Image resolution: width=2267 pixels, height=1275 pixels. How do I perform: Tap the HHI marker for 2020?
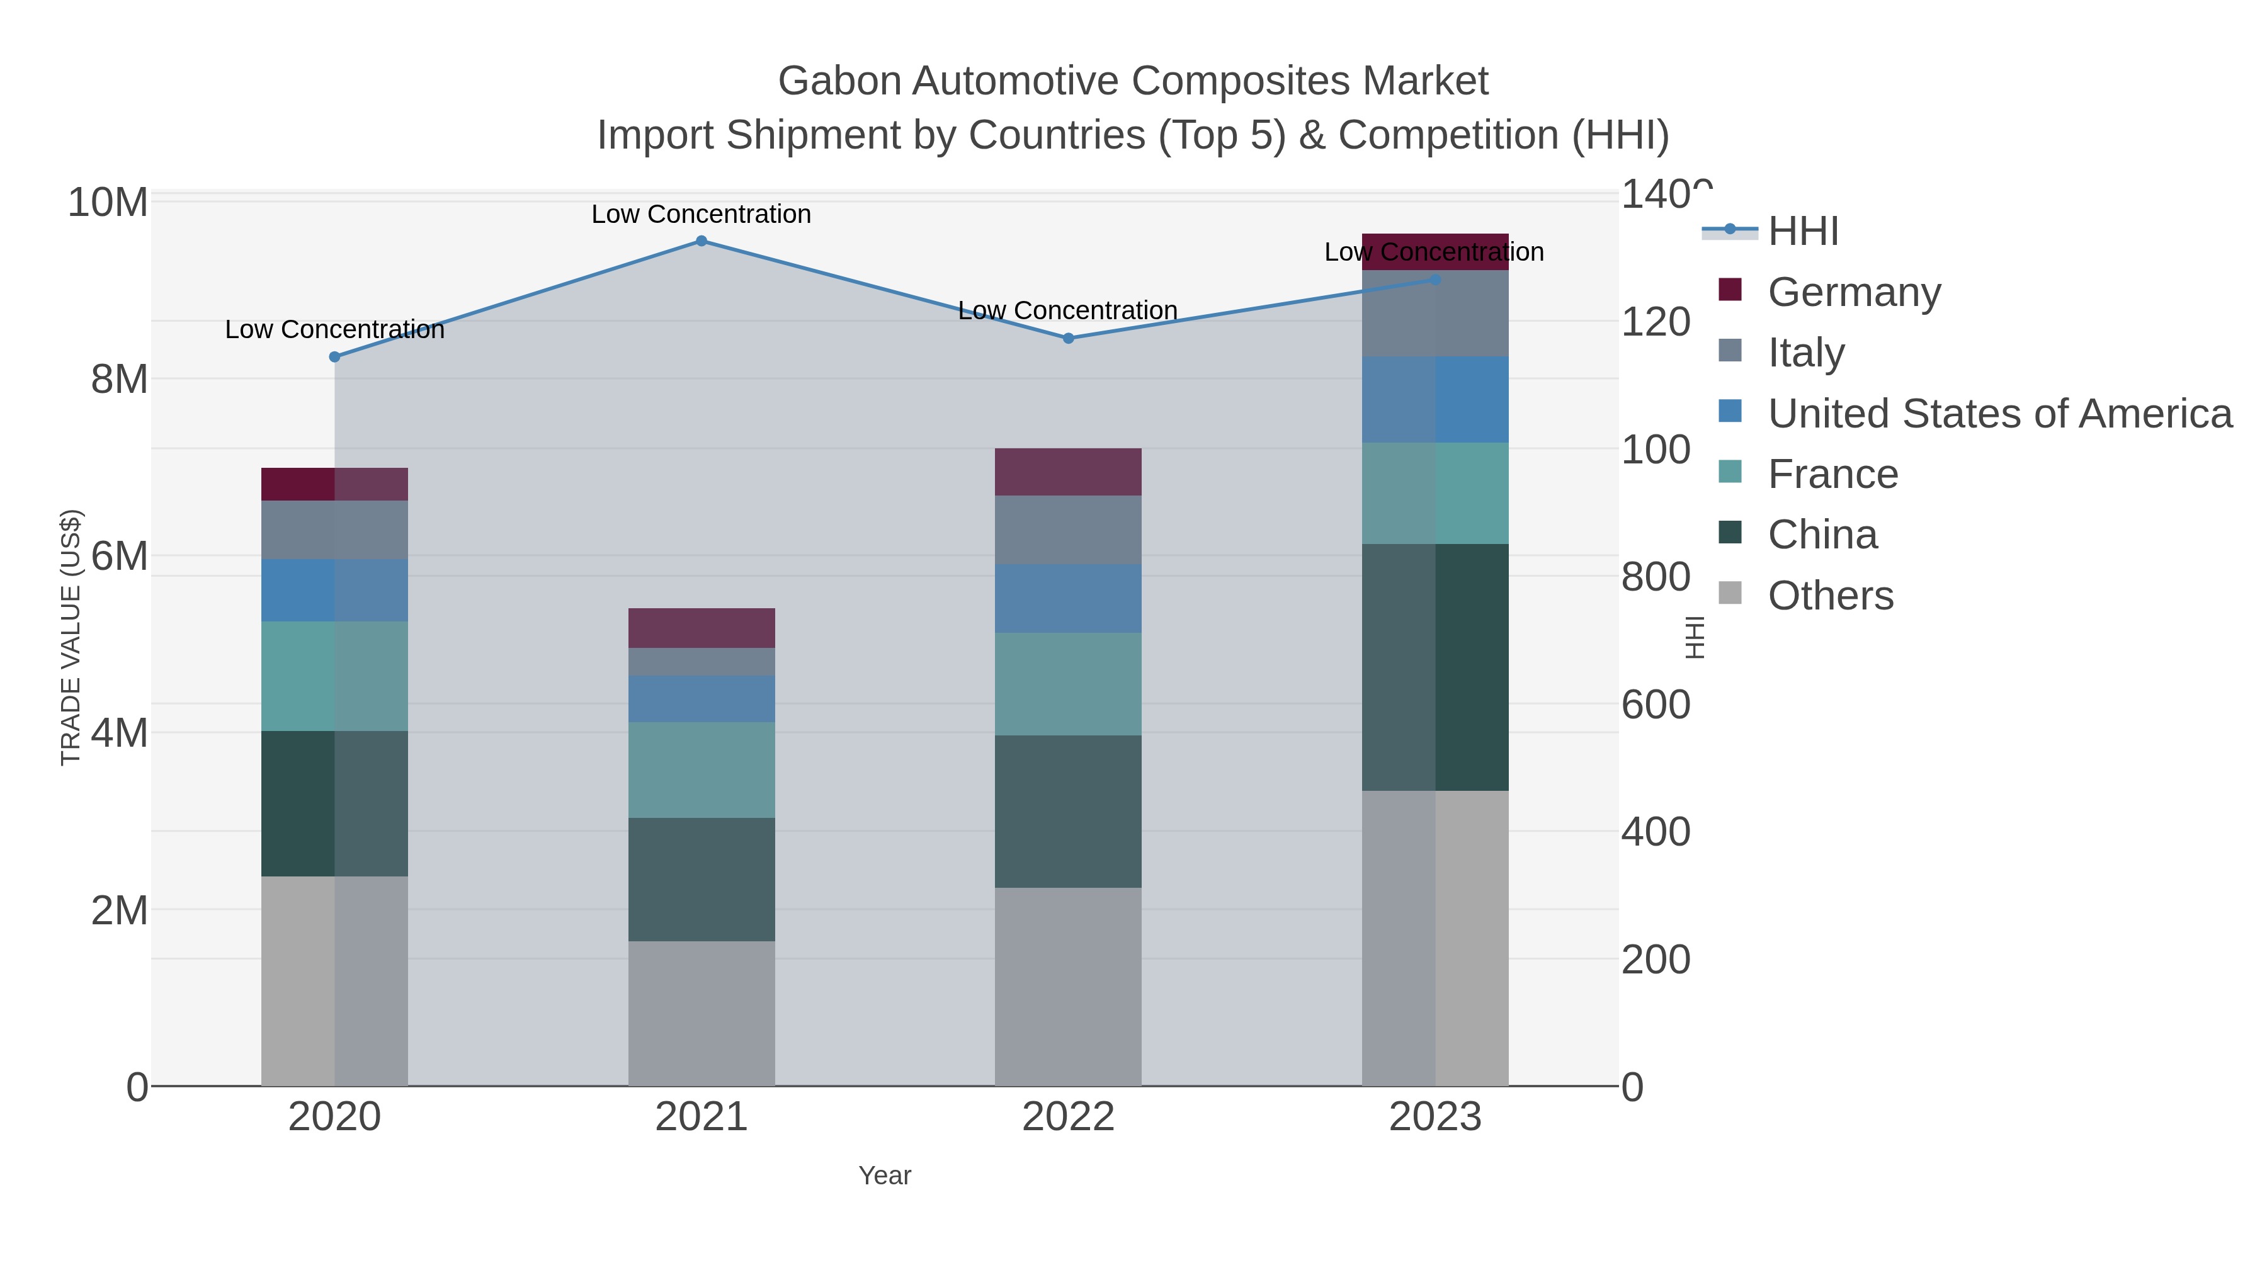click(x=334, y=356)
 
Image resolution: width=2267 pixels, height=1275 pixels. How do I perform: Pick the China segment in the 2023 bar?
click(x=1435, y=666)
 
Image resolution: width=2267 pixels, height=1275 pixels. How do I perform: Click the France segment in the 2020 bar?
click(x=334, y=676)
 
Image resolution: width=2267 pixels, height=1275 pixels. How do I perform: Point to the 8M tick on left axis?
click(x=119, y=379)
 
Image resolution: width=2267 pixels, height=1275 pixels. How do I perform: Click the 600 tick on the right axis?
click(x=1656, y=704)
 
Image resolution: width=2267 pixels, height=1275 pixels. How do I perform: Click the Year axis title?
click(x=885, y=1175)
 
